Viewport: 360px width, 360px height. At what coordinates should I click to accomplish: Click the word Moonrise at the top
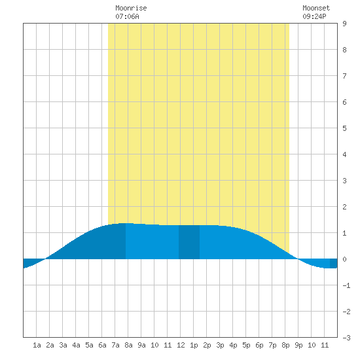[131, 8]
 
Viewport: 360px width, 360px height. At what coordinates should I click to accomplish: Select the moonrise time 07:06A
[127, 16]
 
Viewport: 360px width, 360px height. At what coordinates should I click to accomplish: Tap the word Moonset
[316, 8]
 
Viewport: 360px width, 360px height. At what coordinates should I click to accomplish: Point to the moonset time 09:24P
[314, 16]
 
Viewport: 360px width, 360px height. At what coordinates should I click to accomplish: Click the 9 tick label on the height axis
[344, 24]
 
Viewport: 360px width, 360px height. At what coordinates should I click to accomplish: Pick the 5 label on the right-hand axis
[344, 128]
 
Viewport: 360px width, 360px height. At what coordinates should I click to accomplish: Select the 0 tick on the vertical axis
[344, 259]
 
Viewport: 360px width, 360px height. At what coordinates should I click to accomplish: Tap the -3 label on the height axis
[346, 338]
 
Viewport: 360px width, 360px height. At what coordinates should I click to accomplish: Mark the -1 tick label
[346, 285]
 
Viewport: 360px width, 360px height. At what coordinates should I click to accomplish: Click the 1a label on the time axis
[37, 345]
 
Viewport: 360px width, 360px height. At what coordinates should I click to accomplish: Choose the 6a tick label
[102, 345]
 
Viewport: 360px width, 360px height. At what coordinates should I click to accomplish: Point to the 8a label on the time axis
[128, 345]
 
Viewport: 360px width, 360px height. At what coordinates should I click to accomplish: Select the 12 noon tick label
[181, 345]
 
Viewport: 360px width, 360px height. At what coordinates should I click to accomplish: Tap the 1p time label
[194, 345]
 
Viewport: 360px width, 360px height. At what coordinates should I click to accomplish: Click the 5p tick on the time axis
[246, 345]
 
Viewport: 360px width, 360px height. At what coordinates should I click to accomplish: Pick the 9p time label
[298, 345]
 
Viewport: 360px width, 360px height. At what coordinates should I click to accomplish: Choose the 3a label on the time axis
[63, 345]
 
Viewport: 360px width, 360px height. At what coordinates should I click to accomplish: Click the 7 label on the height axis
[344, 76]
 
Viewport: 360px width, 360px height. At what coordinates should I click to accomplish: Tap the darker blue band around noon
[189, 242]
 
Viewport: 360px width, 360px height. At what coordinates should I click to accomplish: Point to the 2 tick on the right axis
[344, 207]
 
